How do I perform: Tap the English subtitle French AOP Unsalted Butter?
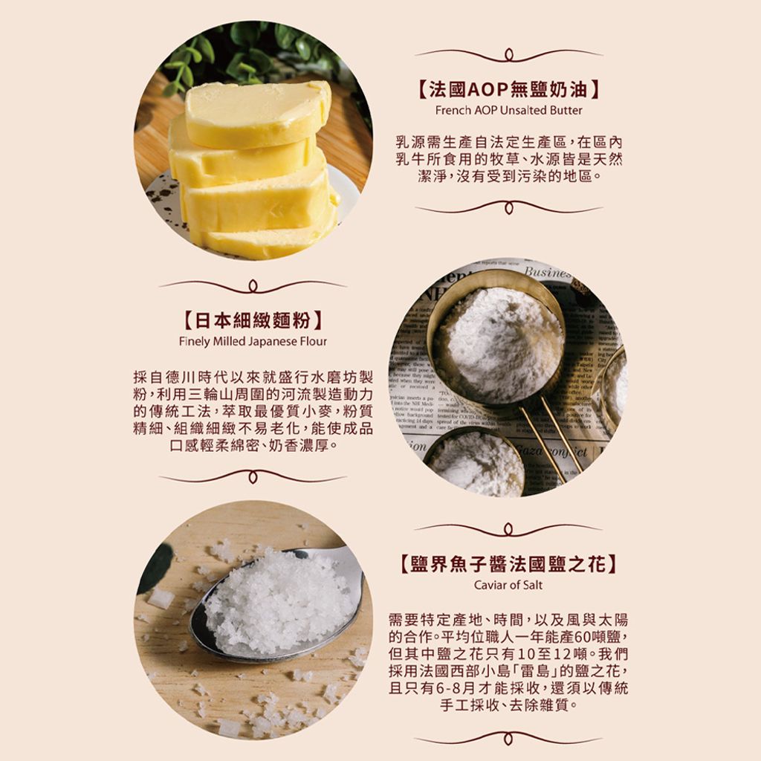click(508, 110)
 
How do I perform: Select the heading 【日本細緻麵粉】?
click(253, 322)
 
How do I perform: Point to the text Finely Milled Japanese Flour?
click(253, 341)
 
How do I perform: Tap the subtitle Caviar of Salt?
click(508, 585)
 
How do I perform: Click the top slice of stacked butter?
click(256, 111)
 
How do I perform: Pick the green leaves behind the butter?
click(245, 52)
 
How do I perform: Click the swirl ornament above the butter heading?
click(508, 54)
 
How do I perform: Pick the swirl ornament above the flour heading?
click(253, 285)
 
